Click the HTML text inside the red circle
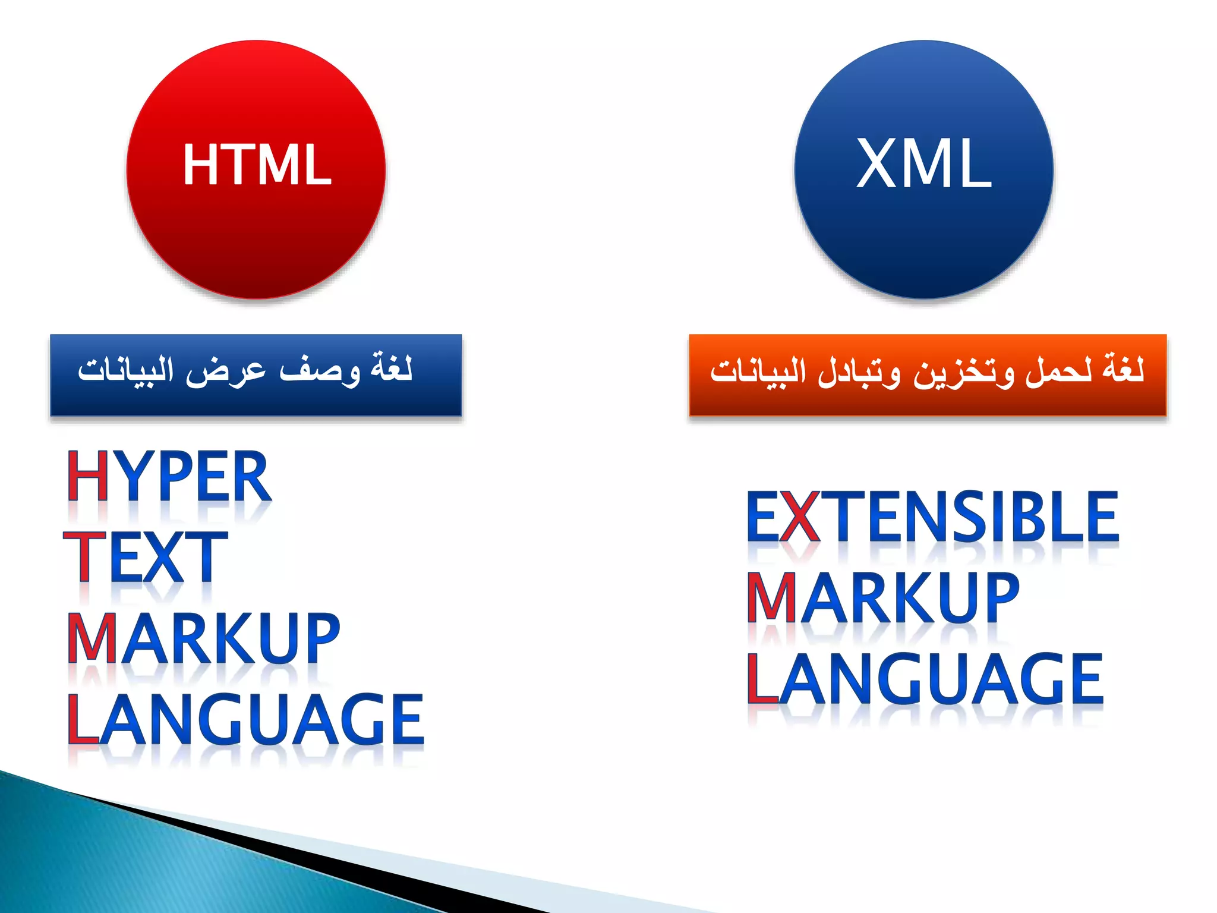pos(257,165)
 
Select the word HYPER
pos(169,476)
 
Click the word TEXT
pos(146,558)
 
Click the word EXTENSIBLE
pos(933,517)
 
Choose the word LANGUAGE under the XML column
pos(925,678)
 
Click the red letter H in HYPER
pos(87,476)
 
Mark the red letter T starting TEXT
pos(85,558)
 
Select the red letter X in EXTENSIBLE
pos(799,517)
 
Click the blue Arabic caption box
pos(256,375)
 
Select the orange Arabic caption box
pos(927,375)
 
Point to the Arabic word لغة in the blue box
pos(391,369)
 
